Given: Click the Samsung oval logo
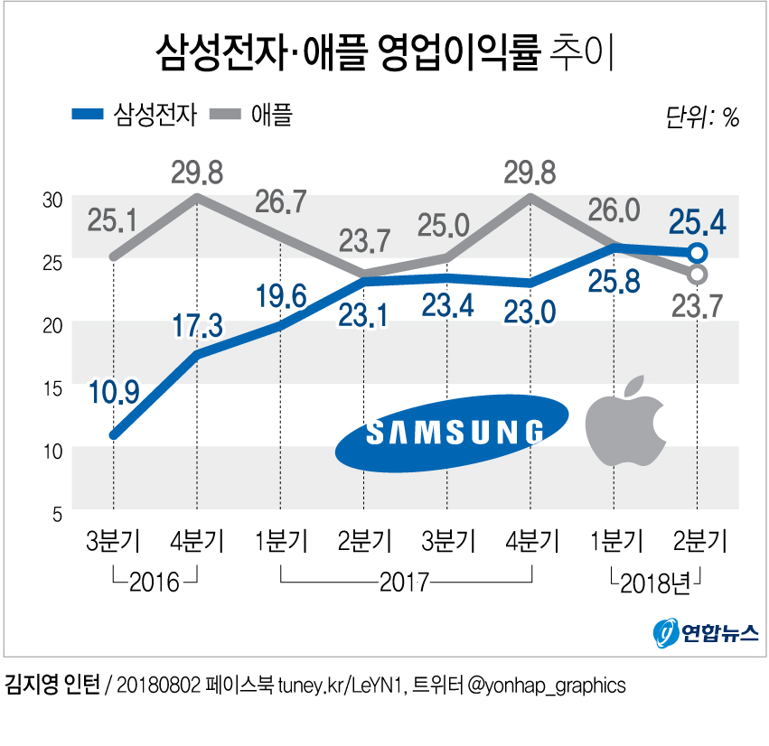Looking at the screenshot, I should [452, 433].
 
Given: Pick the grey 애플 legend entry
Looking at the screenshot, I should [251, 114].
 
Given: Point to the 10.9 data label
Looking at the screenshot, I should [114, 392].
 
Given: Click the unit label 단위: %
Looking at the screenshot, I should [701, 117].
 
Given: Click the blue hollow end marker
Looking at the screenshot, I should [697, 253].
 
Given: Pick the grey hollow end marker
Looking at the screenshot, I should [697, 274].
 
